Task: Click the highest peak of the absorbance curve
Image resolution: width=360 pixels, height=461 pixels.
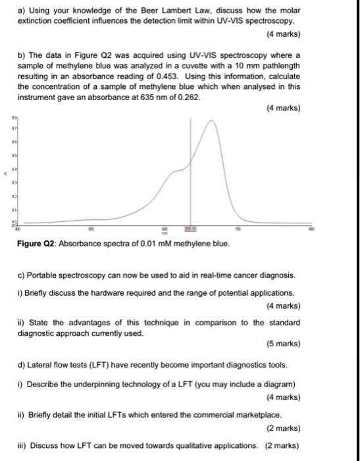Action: [x=211, y=121]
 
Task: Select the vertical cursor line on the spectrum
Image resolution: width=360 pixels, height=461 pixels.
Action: [x=191, y=171]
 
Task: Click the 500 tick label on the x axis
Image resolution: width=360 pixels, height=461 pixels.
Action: [x=92, y=228]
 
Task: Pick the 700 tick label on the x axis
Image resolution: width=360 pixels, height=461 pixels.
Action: [x=239, y=228]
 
